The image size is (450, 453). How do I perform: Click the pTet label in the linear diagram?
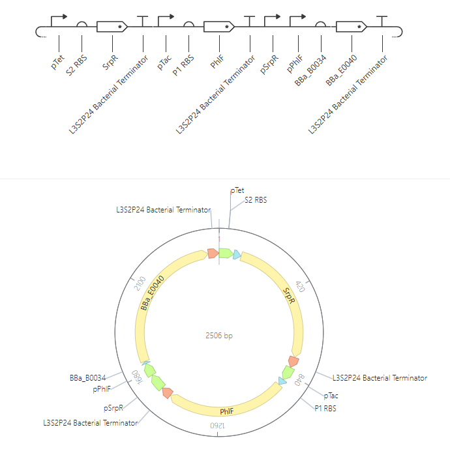pyautogui.click(x=57, y=62)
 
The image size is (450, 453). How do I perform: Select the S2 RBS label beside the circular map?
pyautogui.click(x=256, y=200)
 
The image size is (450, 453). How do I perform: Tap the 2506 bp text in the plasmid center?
pyautogui.click(x=218, y=336)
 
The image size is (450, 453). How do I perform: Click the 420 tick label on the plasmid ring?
pyautogui.click(x=300, y=287)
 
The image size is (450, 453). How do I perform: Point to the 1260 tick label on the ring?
pyautogui.click(x=218, y=426)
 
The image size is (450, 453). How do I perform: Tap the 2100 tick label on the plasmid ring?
pyautogui.click(x=140, y=284)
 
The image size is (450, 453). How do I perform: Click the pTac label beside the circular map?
pyautogui.click(x=331, y=396)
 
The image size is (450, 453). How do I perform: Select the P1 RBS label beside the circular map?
pyautogui.click(x=325, y=408)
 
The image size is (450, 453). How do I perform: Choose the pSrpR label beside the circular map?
pyautogui.click(x=113, y=408)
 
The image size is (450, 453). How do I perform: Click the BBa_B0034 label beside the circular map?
pyautogui.click(x=87, y=378)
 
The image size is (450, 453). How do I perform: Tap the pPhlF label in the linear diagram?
pyautogui.click(x=295, y=64)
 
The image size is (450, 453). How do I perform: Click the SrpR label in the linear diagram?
pyautogui.click(x=110, y=62)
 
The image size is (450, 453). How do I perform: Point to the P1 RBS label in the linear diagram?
pyautogui.click(x=183, y=66)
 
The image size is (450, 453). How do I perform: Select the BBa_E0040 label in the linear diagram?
pyautogui.click(x=341, y=70)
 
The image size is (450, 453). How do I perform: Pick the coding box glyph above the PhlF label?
pyautogui.click(x=219, y=27)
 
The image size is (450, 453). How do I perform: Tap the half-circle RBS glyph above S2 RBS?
pyautogui.click(x=82, y=24)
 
